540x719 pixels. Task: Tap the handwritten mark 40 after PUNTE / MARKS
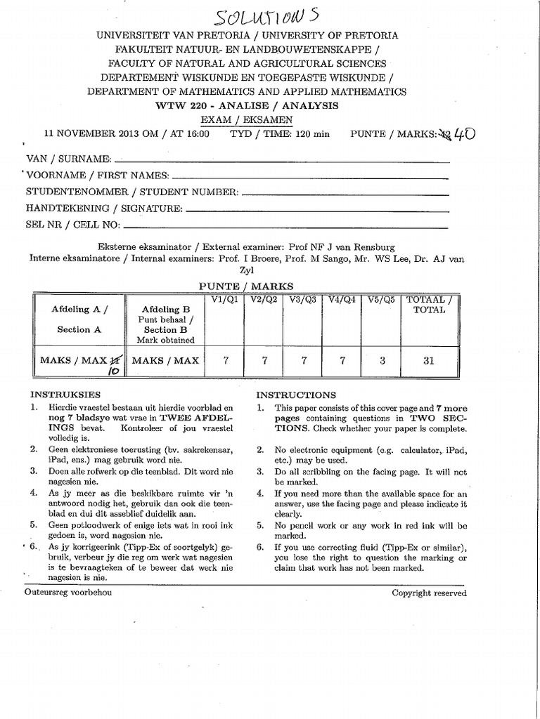461,133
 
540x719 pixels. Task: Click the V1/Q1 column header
226,301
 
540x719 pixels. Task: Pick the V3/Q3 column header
304,301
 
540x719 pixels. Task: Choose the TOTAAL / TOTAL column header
429,305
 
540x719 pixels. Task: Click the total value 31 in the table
429,361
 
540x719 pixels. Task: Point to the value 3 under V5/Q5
382,361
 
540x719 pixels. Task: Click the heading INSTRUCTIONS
296,395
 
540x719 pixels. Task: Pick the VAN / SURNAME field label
69,159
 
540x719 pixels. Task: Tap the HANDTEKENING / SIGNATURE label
104,209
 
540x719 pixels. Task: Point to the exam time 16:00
196,134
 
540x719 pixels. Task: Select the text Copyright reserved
429,593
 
